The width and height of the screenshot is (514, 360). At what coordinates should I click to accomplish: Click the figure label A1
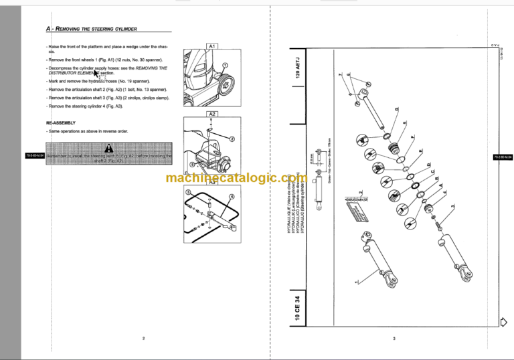tap(211, 46)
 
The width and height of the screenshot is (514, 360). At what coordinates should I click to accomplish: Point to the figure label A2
tap(211, 114)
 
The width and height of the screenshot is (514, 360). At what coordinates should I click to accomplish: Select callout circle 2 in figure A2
tap(232, 139)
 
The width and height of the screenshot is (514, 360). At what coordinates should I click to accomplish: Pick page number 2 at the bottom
tap(143, 338)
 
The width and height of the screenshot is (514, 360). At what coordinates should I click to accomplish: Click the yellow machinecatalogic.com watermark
tap(234, 179)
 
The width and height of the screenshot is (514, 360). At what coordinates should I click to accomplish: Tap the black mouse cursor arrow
tap(96, 74)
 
